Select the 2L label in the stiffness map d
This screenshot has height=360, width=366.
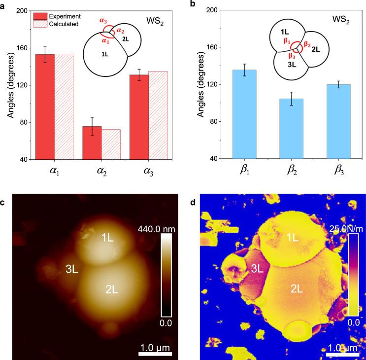296,290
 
